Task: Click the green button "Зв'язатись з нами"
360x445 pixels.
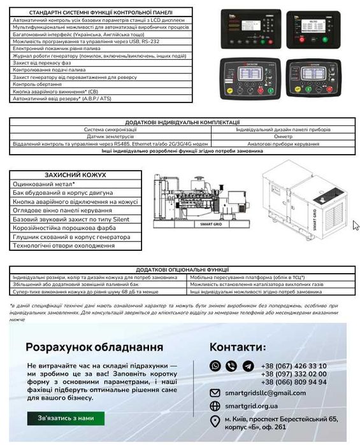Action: pyautogui.click(x=66, y=418)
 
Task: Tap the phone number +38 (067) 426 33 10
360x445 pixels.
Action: pyautogui.click(x=294, y=366)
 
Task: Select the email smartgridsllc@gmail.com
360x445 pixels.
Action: pyautogui.click(x=265, y=393)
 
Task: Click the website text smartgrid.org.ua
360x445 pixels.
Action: pyautogui.click(x=252, y=406)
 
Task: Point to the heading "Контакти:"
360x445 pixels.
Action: pyautogui.click(x=237, y=348)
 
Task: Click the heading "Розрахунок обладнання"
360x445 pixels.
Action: pyautogui.click(x=94, y=348)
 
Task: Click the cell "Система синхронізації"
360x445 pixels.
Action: pyautogui.click(x=110, y=129)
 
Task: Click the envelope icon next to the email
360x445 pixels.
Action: pyautogui.click(x=215, y=393)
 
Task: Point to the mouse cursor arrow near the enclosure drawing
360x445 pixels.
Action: pyautogui.click(x=356, y=225)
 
